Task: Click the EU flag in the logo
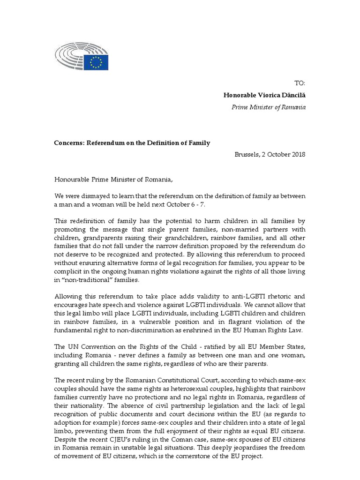[x=97, y=61]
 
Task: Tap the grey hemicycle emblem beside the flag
[x=70, y=59]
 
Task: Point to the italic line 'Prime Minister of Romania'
[x=269, y=107]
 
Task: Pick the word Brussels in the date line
[x=249, y=155]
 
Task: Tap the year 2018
[x=297, y=155]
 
